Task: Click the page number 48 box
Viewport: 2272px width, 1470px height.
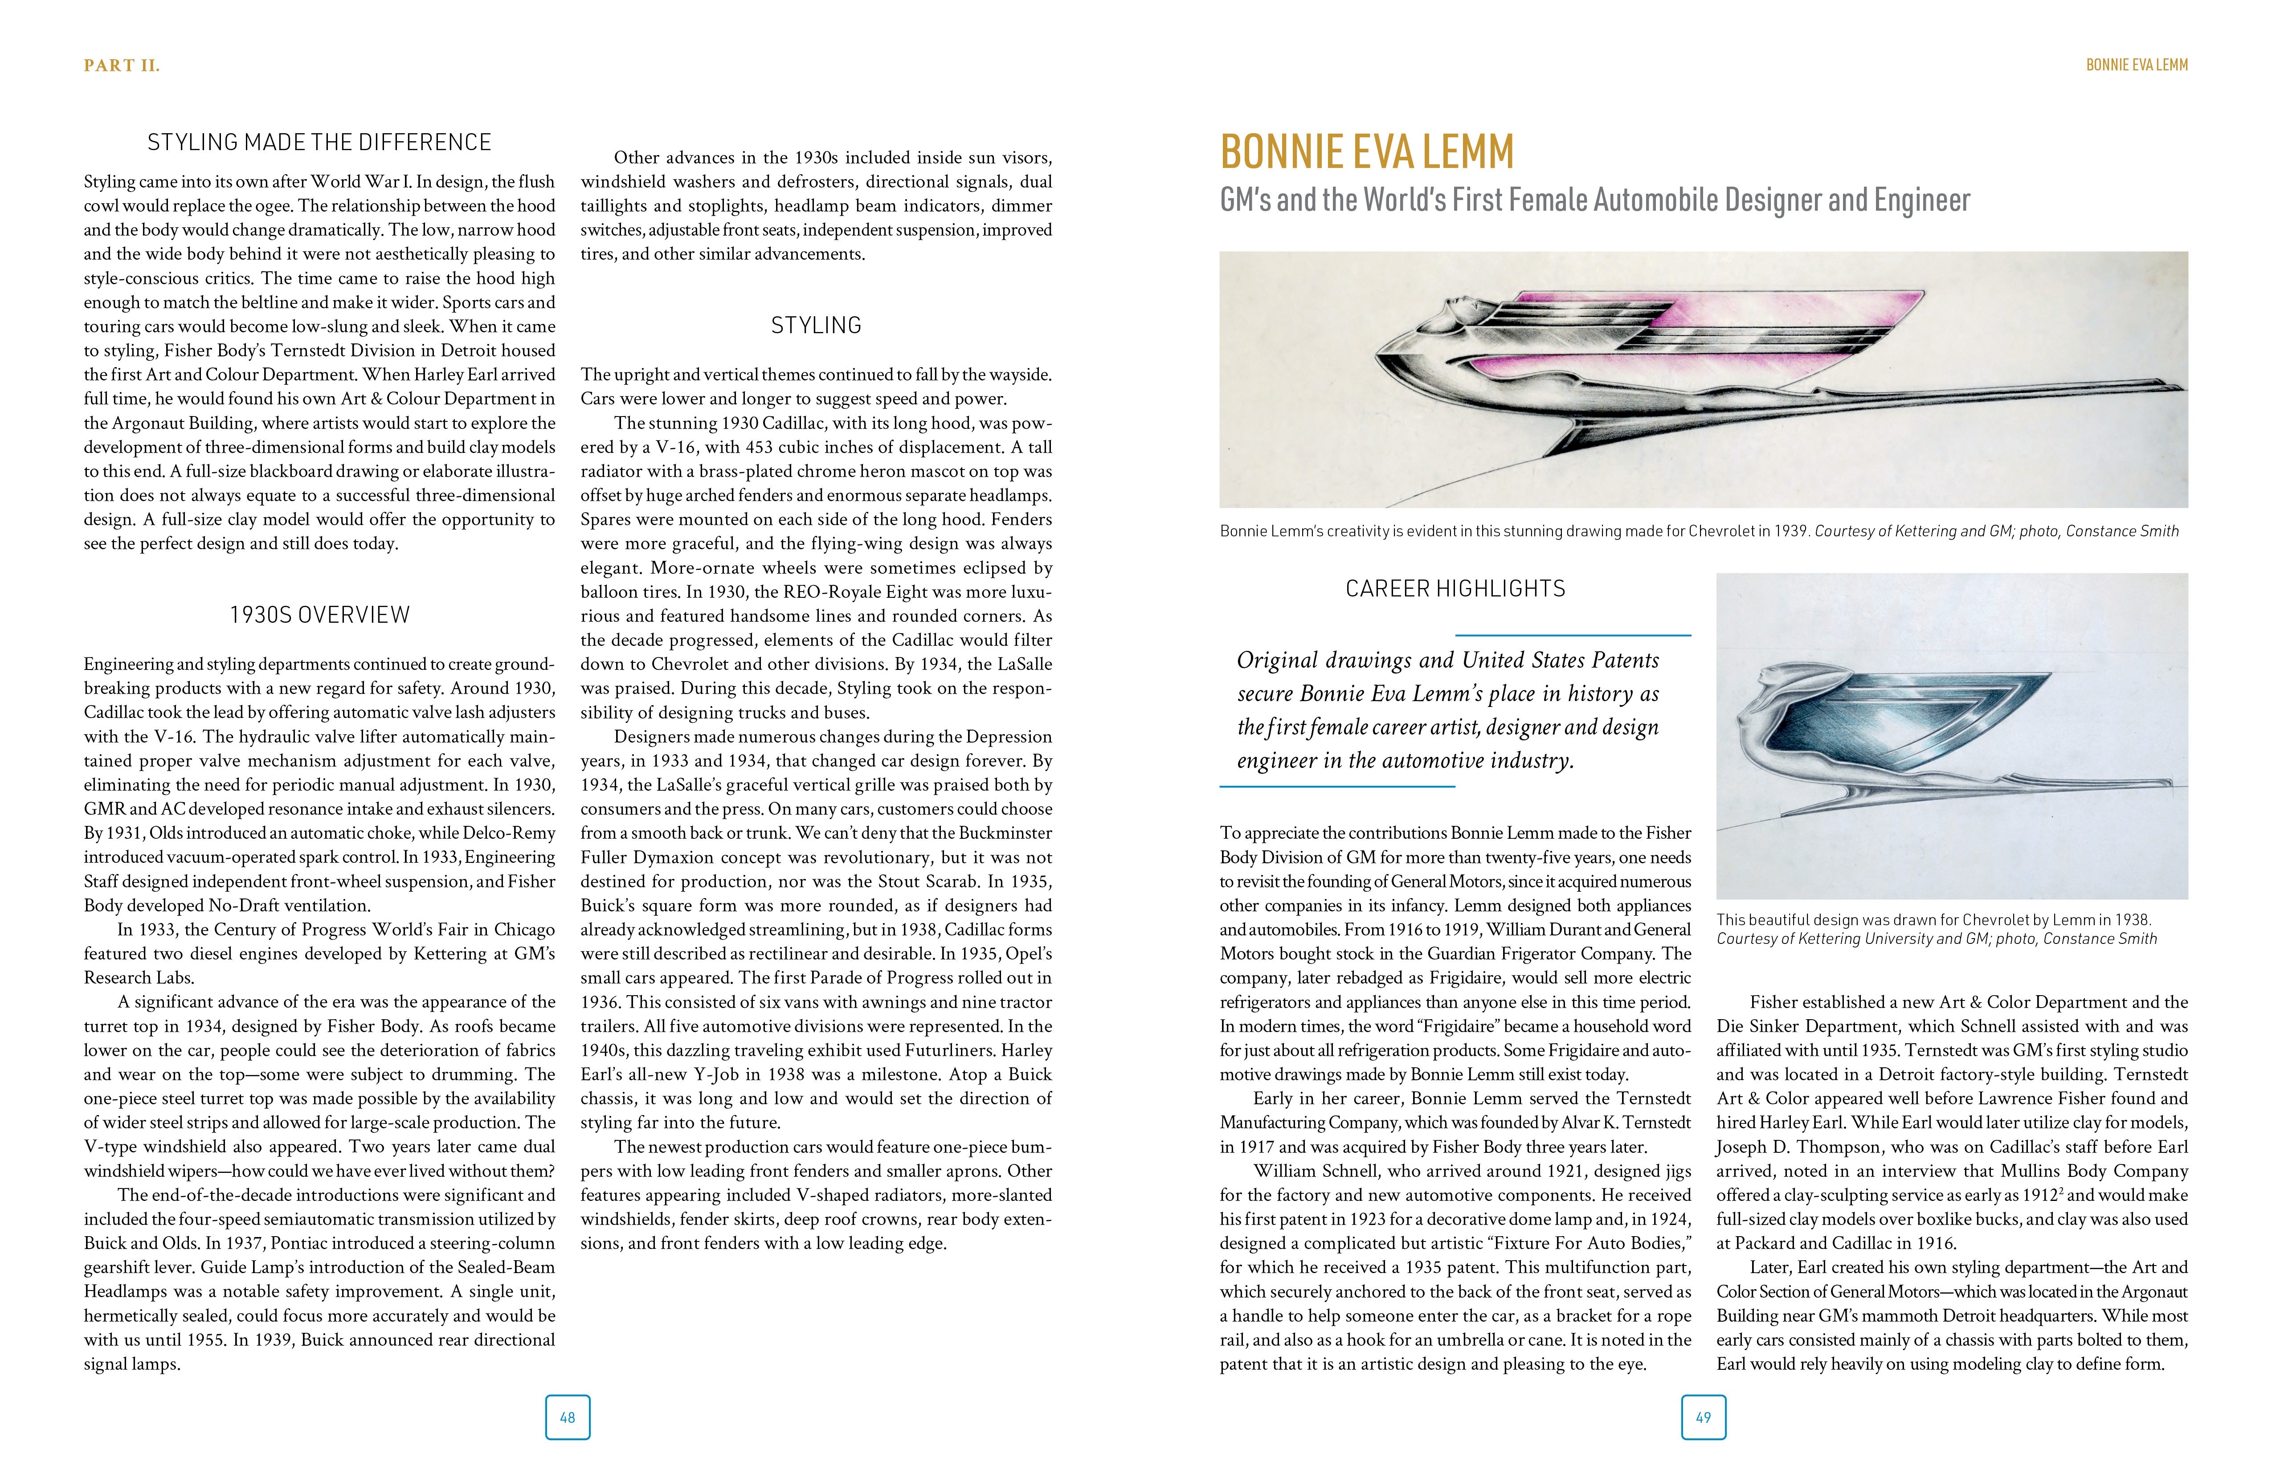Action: coord(567,1417)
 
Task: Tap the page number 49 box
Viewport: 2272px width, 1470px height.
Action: coord(1703,1417)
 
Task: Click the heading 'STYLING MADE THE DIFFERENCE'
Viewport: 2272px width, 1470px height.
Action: coord(319,142)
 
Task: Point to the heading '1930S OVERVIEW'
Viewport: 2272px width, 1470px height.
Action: coord(319,615)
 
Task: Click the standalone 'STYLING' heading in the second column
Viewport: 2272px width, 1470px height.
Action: coord(816,326)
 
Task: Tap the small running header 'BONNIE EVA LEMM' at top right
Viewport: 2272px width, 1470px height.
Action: coord(2137,65)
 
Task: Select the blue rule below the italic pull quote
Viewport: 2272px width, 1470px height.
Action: coord(1336,787)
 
